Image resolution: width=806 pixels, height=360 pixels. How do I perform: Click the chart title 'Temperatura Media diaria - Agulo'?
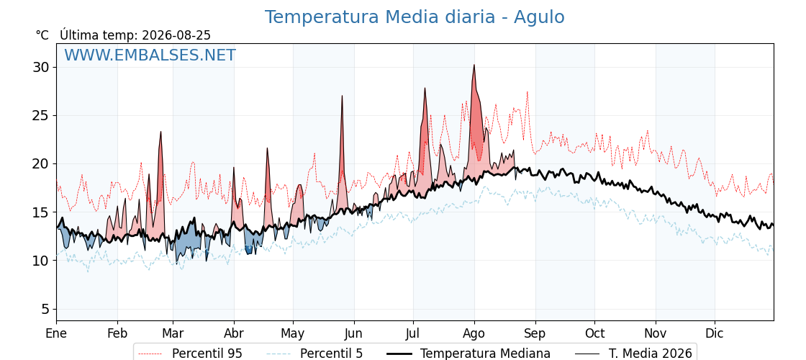click(x=415, y=17)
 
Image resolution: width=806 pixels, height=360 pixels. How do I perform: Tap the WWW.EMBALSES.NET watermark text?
click(x=150, y=55)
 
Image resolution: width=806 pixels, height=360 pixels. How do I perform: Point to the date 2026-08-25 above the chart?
click(x=176, y=35)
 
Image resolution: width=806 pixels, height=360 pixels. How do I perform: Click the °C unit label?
click(x=42, y=35)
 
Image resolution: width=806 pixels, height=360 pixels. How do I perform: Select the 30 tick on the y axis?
click(x=42, y=68)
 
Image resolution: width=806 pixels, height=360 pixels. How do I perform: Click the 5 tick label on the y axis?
click(x=46, y=309)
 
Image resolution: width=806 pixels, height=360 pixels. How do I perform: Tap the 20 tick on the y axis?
click(x=42, y=164)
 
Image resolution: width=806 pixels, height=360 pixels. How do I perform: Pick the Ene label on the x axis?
click(x=56, y=334)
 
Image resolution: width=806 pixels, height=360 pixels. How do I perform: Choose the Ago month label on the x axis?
click(x=474, y=334)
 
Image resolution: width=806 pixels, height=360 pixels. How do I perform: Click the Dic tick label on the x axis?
click(x=715, y=334)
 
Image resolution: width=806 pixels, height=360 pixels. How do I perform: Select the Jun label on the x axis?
click(x=353, y=334)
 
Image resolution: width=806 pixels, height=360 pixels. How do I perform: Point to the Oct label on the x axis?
click(x=594, y=334)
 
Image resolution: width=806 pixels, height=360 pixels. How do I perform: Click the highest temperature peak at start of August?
click(x=474, y=65)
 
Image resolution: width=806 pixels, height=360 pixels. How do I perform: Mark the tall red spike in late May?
click(x=342, y=96)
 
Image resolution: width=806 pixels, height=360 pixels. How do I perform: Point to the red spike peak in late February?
click(x=161, y=132)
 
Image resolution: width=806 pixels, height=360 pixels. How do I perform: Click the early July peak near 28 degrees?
click(x=425, y=88)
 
